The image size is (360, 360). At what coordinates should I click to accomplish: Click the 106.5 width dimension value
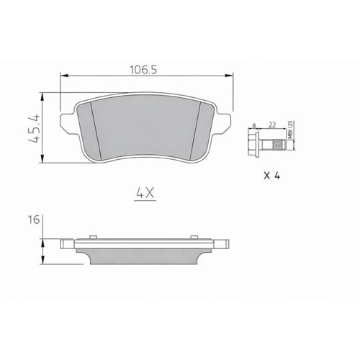click(x=144, y=71)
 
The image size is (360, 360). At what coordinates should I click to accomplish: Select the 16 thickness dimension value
click(x=34, y=221)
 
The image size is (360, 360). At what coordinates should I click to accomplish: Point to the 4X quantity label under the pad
click(x=145, y=192)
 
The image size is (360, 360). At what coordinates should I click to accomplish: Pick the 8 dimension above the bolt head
click(x=254, y=125)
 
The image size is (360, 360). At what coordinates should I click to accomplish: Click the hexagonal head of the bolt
click(x=253, y=142)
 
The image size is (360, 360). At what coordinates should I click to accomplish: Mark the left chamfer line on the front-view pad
click(x=91, y=130)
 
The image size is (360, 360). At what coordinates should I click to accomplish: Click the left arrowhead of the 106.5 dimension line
click(x=63, y=75)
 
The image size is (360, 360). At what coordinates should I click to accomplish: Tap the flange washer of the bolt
click(x=258, y=142)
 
